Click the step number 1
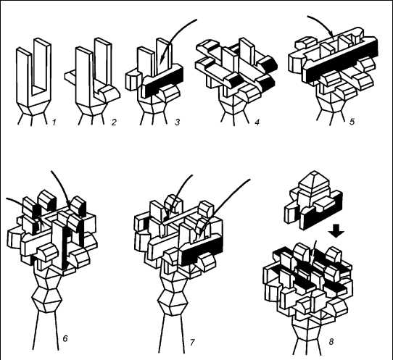point(54,122)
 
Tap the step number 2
point(114,122)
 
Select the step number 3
point(178,122)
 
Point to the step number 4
point(257,122)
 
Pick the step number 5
point(352,122)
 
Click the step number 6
point(65,338)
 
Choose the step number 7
point(192,342)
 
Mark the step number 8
point(331,342)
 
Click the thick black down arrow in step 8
point(336,231)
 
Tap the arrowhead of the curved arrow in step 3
point(162,59)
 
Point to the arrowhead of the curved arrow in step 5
point(331,35)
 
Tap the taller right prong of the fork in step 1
point(42,65)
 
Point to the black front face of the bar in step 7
point(202,251)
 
